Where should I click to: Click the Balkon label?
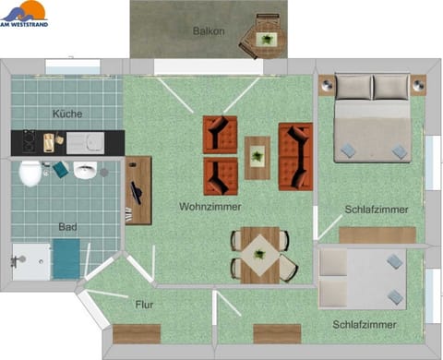pyautogui.click(x=210, y=31)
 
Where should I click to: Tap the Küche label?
pyautogui.click(x=66, y=114)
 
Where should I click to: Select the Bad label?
pyautogui.click(x=66, y=227)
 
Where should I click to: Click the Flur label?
pyautogui.click(x=144, y=304)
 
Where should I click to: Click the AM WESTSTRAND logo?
pyautogui.click(x=24, y=13)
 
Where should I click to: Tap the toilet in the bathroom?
pyautogui.click(x=30, y=173)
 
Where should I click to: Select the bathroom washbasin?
pyautogui.click(x=86, y=171)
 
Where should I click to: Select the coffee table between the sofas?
pyautogui.click(x=257, y=156)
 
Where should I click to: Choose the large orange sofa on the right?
pyautogui.click(x=295, y=156)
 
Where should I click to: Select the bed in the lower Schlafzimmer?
pyautogui.click(x=362, y=277)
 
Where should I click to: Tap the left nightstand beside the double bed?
pyautogui.click(x=327, y=84)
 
